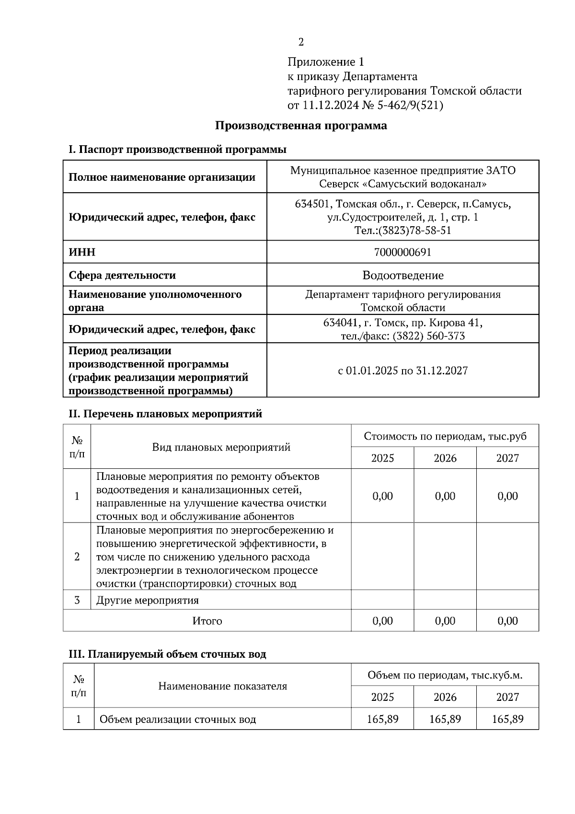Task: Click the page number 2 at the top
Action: pyautogui.click(x=301, y=42)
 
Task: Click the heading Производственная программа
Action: pyautogui.click(x=301, y=126)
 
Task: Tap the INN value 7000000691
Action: pyautogui.click(x=402, y=252)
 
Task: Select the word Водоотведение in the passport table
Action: pyautogui.click(x=402, y=275)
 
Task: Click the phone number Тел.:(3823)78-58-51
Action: pyautogui.click(x=402, y=231)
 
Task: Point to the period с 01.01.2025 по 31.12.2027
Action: pyautogui.click(x=402, y=371)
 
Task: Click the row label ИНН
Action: pyautogui.click(x=82, y=252)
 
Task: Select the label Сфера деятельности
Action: pyautogui.click(x=122, y=275)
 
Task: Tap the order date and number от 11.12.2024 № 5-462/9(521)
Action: pyautogui.click(x=365, y=105)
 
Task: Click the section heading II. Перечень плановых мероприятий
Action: pyautogui.click(x=165, y=414)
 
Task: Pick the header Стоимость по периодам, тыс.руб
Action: pyautogui.click(x=445, y=436)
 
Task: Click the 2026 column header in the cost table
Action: pyautogui.click(x=445, y=458)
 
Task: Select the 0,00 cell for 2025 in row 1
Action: pyautogui.click(x=382, y=496)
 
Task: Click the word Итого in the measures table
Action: pyautogui.click(x=207, y=621)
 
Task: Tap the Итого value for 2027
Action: pyautogui.click(x=507, y=621)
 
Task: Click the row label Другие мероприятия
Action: pyautogui.click(x=147, y=600)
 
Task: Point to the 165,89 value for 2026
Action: pyautogui.click(x=445, y=719)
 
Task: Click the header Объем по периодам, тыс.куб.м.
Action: pyautogui.click(x=445, y=675)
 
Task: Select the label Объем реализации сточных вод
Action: pyautogui.click(x=177, y=720)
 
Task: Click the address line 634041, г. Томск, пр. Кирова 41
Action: pyautogui.click(x=402, y=323)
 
